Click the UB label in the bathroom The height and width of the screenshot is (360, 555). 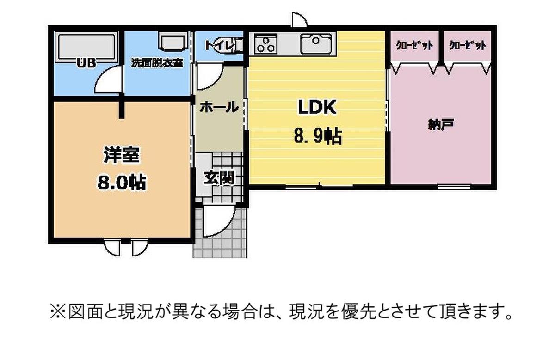(86, 63)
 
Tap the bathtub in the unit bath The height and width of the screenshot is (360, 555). (87, 47)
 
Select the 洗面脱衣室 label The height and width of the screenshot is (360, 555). (157, 63)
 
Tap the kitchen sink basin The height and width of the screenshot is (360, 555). (316, 44)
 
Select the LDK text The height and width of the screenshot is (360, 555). (317, 107)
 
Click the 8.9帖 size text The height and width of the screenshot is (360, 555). (318, 136)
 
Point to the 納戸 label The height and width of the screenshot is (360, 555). (441, 125)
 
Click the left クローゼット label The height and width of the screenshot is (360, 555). (415, 46)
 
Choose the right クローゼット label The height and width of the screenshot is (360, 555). (468, 46)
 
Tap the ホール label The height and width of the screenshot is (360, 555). (219, 107)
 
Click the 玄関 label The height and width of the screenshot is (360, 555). (219, 177)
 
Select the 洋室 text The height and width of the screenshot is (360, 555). (121, 155)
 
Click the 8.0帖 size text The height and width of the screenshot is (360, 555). (121, 183)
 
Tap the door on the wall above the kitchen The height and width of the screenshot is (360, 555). (300, 19)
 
